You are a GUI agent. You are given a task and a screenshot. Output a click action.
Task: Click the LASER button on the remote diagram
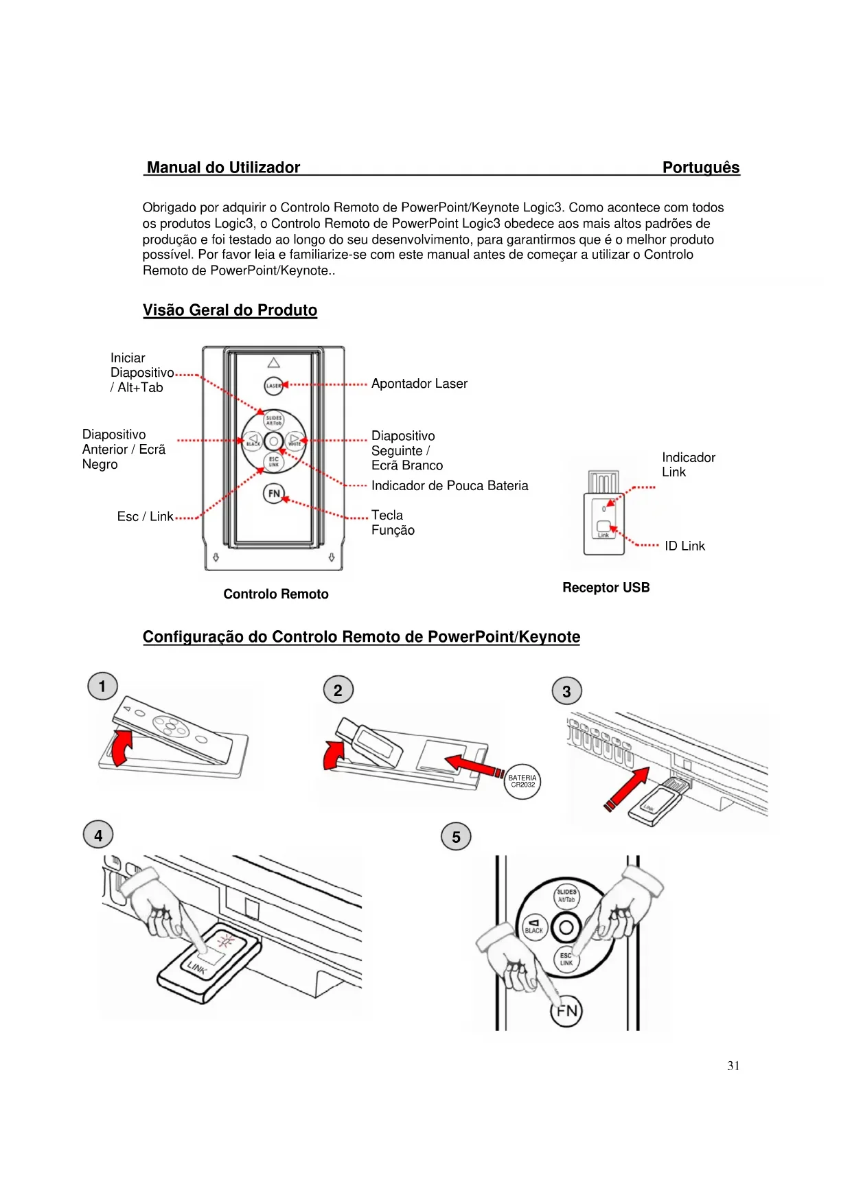[273, 385]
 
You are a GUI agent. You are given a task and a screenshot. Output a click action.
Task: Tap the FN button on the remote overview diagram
[273, 493]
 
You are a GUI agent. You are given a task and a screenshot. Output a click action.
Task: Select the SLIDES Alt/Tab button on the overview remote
[273, 420]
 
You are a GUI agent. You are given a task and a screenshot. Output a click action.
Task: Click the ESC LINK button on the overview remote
[273, 461]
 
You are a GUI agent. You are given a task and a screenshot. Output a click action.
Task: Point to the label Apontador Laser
[419, 384]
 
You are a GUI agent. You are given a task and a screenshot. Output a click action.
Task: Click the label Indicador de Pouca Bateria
[450, 486]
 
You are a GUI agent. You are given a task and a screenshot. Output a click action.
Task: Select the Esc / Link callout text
[145, 517]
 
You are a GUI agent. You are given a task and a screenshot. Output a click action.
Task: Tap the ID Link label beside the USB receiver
[684, 546]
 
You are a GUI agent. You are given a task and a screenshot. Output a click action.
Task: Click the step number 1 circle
[102, 686]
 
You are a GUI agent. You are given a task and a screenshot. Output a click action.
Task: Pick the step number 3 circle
[566, 691]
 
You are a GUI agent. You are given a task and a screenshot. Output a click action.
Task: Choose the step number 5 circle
[456, 837]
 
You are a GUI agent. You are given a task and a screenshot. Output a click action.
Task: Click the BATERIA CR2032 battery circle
[522, 782]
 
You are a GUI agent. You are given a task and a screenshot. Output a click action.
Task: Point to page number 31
[733, 1066]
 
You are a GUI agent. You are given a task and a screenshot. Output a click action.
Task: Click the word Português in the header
[700, 167]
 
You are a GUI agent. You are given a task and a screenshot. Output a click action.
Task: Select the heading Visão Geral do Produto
[230, 310]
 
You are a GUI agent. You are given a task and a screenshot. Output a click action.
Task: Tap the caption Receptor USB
[606, 588]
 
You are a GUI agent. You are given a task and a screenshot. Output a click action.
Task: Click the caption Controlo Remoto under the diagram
[275, 594]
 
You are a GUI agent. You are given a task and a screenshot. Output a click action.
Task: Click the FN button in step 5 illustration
[566, 1011]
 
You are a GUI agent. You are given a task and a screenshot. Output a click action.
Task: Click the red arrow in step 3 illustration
[628, 787]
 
